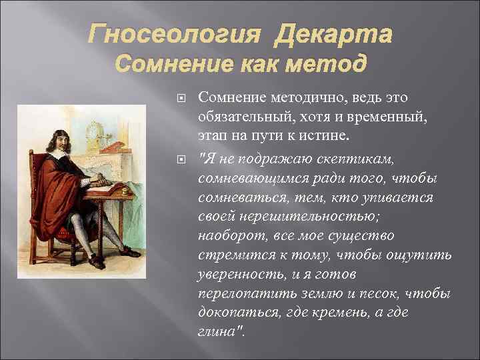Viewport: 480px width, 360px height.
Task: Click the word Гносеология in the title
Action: coord(174,33)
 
